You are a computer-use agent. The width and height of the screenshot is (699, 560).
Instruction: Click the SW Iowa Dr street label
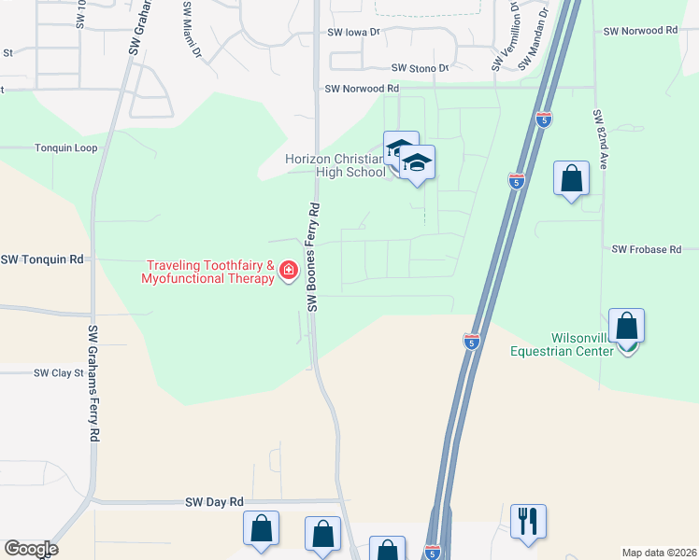click(x=355, y=32)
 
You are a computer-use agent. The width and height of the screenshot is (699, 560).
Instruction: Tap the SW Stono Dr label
click(x=420, y=68)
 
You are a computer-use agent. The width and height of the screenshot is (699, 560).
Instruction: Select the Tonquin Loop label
click(x=65, y=148)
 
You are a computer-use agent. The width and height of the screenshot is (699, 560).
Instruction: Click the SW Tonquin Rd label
click(x=42, y=259)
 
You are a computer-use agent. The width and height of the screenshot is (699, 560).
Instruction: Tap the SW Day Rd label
click(x=214, y=501)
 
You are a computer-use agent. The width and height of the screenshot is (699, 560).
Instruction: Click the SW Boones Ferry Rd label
click(x=314, y=257)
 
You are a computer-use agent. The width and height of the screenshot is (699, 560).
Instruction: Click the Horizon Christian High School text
click(x=336, y=165)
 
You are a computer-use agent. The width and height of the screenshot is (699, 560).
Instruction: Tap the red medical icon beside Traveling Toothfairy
click(x=289, y=272)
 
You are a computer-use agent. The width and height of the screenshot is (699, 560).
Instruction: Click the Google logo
click(x=31, y=549)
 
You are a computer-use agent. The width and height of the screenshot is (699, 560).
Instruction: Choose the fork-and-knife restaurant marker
click(x=528, y=521)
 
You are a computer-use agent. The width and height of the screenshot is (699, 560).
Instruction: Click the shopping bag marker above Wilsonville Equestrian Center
click(x=626, y=326)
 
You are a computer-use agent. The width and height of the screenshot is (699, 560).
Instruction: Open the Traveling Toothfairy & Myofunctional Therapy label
click(x=208, y=272)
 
